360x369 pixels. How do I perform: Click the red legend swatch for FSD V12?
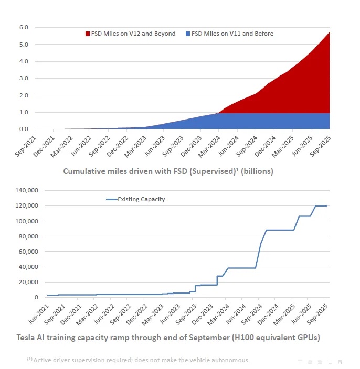[x=88, y=34]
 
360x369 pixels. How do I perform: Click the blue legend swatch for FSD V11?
[x=188, y=34]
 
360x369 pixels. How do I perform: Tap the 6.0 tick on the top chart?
[x=24, y=27]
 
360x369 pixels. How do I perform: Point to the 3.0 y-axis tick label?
[x=24, y=79]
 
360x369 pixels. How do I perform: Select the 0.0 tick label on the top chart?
[x=24, y=129]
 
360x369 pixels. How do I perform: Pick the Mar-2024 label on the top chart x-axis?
[x=210, y=144]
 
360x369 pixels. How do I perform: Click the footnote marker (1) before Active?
[x=29, y=359]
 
